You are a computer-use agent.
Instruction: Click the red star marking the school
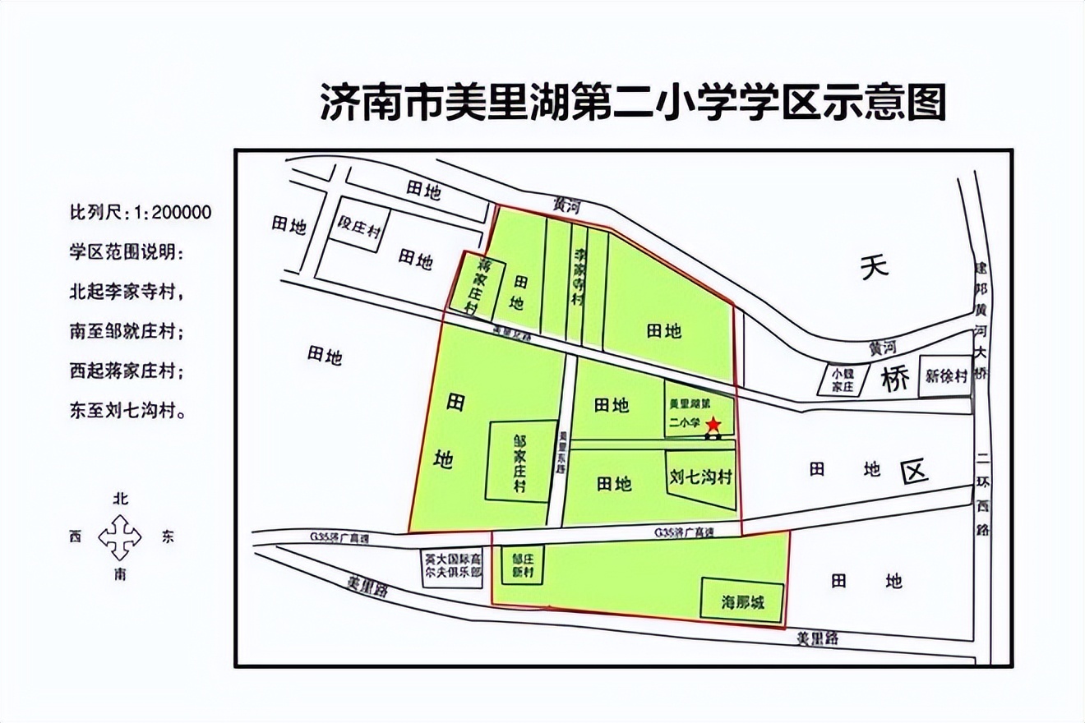click(x=713, y=424)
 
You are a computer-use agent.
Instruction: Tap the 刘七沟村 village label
click(x=700, y=477)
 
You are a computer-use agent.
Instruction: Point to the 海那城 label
click(x=743, y=601)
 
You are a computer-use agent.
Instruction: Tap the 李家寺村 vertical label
click(x=579, y=276)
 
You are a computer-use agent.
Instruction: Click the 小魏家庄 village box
click(x=843, y=380)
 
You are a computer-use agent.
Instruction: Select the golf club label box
click(x=451, y=564)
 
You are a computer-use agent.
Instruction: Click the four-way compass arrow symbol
click(x=120, y=537)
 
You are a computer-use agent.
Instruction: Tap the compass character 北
click(x=121, y=499)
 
